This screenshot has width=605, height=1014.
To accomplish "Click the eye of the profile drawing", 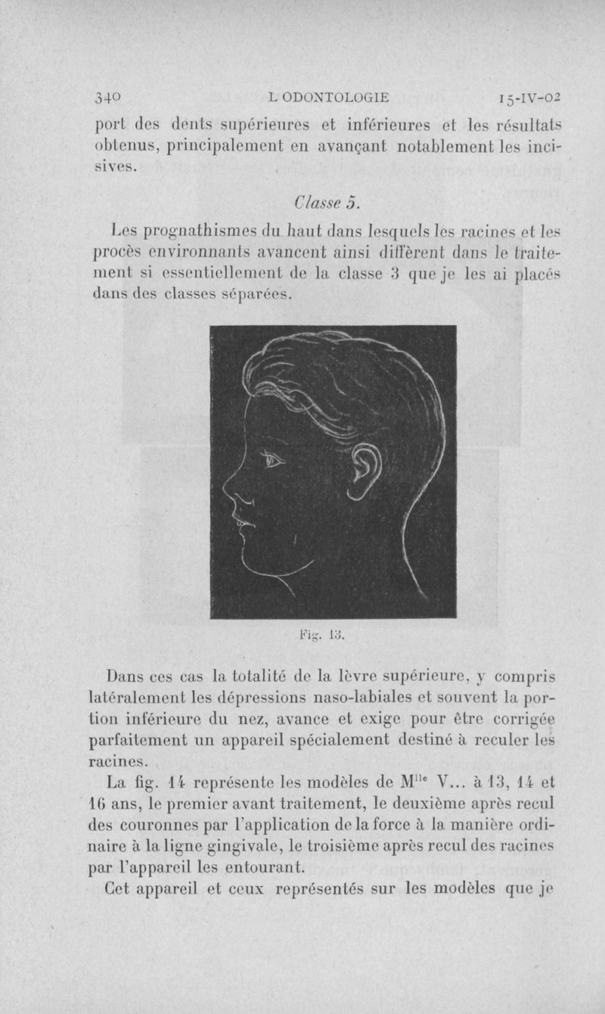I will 271,458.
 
